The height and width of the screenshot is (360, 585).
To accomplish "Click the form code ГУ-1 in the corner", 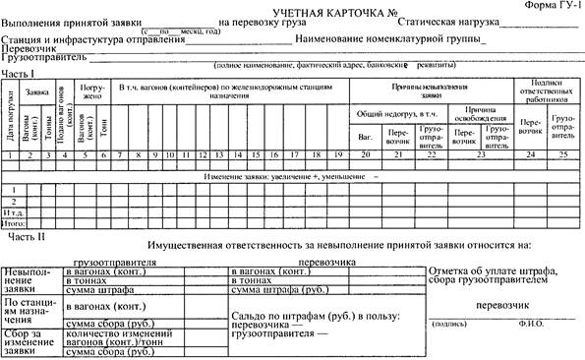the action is coord(556,7).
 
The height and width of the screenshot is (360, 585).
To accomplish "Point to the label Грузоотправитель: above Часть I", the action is coord(38,58).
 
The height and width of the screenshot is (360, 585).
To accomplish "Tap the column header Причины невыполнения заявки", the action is coord(432,90).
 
